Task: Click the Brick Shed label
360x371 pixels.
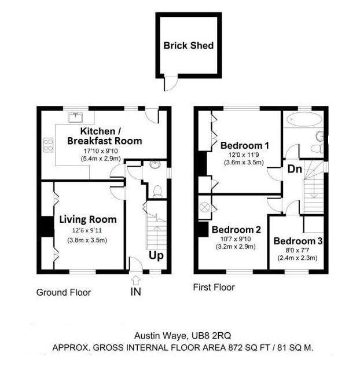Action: tap(188, 45)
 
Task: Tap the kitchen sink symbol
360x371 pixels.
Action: tap(75, 117)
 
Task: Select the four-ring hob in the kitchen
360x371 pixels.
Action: tap(48, 145)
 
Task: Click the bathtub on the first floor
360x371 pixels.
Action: tap(304, 119)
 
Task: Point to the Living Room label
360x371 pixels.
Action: tap(88, 219)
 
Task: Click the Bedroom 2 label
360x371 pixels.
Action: tap(236, 230)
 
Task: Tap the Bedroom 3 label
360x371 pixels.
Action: tap(298, 241)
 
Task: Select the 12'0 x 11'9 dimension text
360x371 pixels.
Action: tap(244, 155)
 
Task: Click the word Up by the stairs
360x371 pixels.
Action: tap(156, 256)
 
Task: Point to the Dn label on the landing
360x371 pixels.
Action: tap(295, 169)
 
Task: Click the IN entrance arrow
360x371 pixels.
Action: tap(136, 281)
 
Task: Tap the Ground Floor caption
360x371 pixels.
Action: tap(64, 292)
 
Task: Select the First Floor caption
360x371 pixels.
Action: tap(214, 287)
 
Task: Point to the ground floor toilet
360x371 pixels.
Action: tap(157, 191)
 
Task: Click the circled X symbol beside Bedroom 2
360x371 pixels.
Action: tap(205, 207)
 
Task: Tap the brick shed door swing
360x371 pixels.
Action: tap(171, 83)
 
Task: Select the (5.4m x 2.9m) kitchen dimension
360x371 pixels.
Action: tap(101, 158)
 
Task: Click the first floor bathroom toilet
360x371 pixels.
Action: tap(317, 149)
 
